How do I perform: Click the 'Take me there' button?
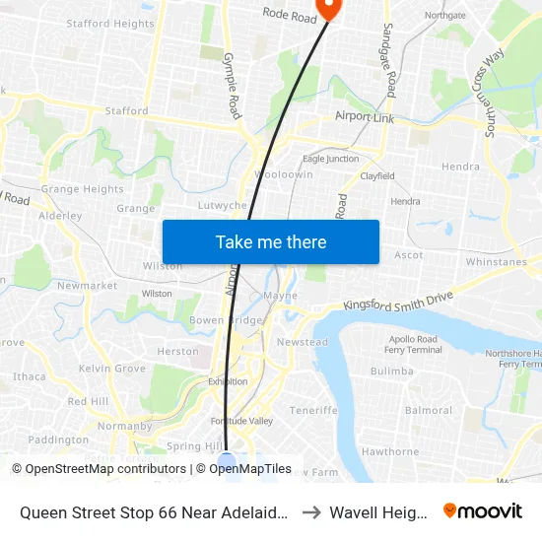pos(271,242)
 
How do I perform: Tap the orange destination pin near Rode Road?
pos(327,9)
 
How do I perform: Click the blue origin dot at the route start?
pos(227,460)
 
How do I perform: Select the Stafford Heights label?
pos(110,24)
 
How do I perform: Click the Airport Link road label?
pos(365,117)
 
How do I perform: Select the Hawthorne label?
pos(390,451)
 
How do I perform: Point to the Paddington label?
pos(58,440)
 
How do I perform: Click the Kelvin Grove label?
pos(112,369)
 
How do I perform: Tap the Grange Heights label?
pos(83,189)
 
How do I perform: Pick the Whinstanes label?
pos(497,261)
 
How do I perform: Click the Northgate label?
pos(444,15)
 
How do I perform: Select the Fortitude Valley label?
pos(246,421)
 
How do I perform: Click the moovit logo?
pos(483,511)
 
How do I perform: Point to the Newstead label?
pos(303,342)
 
